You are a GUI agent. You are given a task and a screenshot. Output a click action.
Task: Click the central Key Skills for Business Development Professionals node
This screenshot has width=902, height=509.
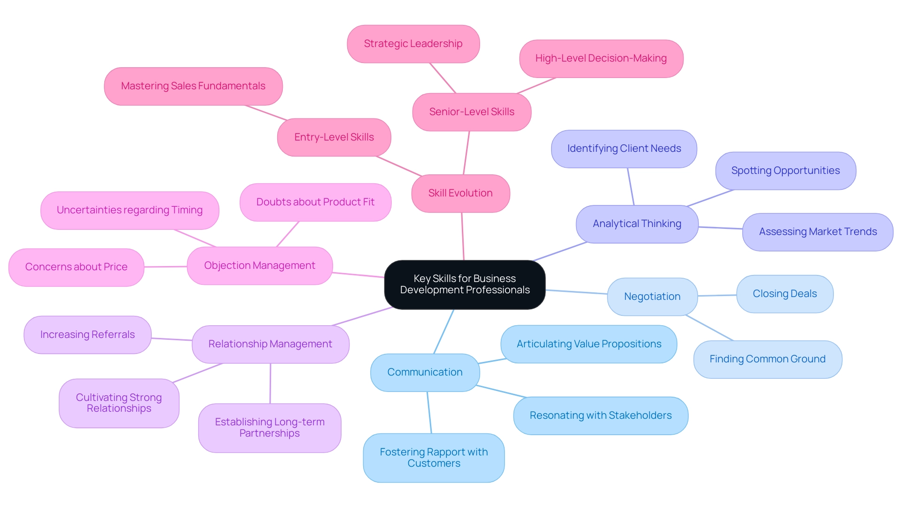click(465, 284)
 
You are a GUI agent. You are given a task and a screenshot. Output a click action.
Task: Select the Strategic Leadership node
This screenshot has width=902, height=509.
click(413, 44)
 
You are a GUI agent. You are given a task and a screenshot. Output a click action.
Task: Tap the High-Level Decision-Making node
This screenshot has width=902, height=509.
click(601, 58)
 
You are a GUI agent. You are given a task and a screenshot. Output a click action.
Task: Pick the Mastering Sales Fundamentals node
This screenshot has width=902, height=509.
click(193, 86)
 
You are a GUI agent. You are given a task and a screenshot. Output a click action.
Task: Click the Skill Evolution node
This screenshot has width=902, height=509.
click(460, 193)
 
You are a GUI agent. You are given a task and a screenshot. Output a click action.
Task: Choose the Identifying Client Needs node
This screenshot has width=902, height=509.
click(624, 149)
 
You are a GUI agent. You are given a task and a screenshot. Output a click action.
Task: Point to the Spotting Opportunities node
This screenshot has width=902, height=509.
click(785, 171)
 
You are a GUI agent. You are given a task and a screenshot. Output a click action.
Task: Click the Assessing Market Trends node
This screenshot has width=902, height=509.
click(817, 232)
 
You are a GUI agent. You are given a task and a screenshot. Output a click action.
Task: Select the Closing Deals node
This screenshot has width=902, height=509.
click(785, 294)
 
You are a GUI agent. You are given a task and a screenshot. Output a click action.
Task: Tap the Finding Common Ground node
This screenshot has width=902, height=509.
click(767, 359)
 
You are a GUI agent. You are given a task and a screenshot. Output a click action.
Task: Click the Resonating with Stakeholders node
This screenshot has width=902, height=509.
click(600, 415)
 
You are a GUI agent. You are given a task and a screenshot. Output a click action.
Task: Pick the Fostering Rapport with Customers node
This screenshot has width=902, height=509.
click(434, 457)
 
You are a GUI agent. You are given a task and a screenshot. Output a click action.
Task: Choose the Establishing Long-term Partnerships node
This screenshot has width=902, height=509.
click(270, 428)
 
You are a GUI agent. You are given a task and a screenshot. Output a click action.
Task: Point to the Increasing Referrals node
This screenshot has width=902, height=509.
click(87, 335)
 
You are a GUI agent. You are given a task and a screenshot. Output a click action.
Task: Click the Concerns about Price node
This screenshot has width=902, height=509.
click(76, 267)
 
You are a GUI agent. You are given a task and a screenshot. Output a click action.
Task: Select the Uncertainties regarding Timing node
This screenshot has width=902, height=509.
click(130, 210)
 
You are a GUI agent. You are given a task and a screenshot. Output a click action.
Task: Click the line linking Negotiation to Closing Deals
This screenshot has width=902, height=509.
click(717, 296)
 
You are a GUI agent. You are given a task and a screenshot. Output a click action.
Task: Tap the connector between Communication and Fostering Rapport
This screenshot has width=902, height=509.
click(429, 412)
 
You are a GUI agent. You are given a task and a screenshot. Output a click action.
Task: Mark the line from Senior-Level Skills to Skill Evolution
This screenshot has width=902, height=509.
click(467, 153)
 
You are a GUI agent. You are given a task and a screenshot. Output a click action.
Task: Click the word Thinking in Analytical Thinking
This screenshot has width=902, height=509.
click(661, 224)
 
